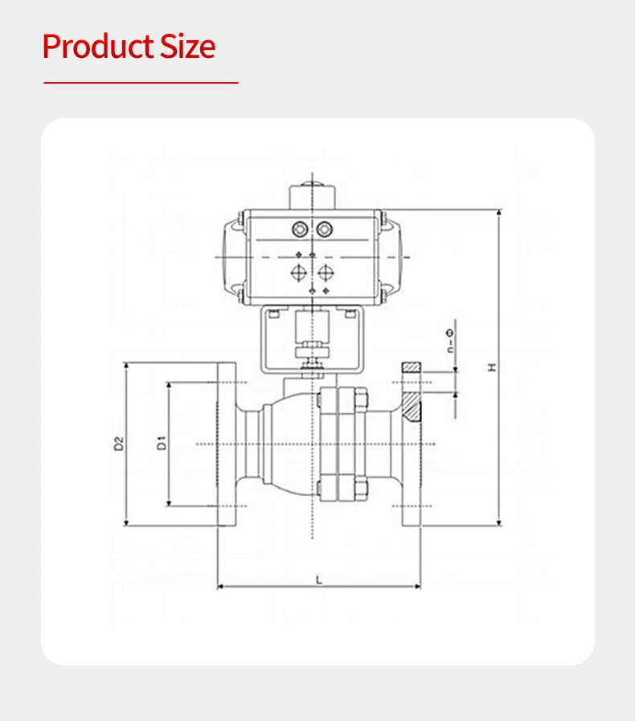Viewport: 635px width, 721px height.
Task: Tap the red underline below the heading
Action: tap(141, 82)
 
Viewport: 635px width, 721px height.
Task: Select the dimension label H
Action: tap(492, 367)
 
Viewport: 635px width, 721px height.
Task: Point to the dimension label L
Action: tap(318, 578)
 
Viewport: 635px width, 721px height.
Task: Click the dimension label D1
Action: tap(161, 442)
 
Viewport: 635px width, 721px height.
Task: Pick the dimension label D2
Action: tap(118, 443)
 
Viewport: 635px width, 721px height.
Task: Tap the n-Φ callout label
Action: tap(450, 342)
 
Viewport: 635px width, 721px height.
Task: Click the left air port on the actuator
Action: tap(301, 229)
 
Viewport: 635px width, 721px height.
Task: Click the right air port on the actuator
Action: tap(324, 229)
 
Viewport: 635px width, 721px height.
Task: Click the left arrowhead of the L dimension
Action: tap(220, 587)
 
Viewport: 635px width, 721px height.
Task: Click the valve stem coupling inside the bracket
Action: tap(311, 350)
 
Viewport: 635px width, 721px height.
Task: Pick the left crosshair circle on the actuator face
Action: tap(298, 272)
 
